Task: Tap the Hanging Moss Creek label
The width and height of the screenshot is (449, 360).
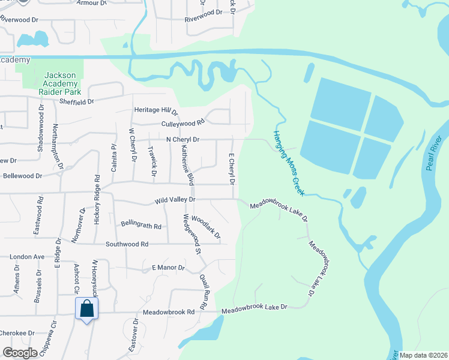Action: point(289,163)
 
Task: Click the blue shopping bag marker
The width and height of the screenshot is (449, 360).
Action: point(87,309)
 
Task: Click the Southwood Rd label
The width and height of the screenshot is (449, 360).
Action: point(127,244)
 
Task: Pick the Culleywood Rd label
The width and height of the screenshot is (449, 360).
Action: point(183,123)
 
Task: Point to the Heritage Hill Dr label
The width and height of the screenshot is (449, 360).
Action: point(156,111)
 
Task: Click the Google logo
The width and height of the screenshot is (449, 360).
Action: point(20,353)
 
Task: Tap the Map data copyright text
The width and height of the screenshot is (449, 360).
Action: point(423,355)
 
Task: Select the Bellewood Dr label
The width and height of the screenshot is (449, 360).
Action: point(22,176)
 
